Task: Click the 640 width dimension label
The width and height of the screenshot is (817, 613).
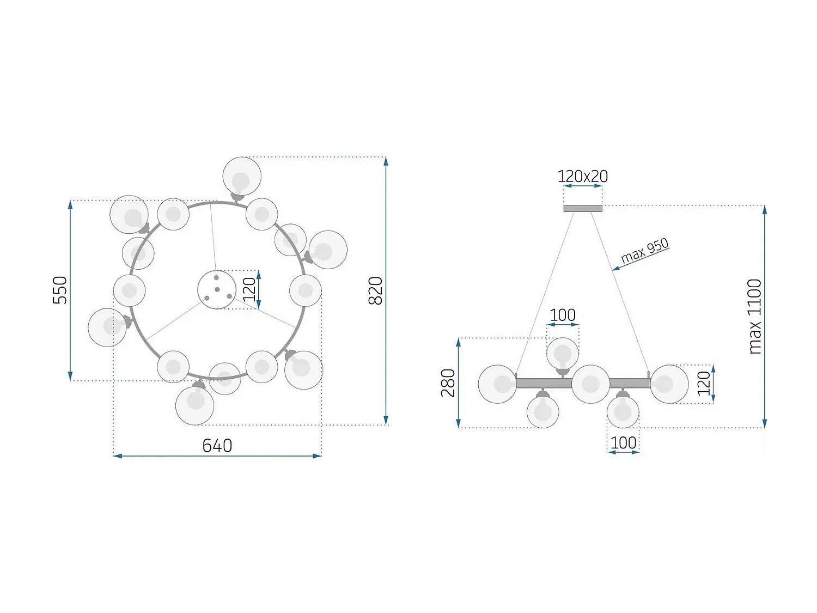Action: click(x=217, y=446)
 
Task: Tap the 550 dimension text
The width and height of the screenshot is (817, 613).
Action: click(x=60, y=290)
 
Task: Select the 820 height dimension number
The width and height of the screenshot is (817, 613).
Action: click(x=375, y=290)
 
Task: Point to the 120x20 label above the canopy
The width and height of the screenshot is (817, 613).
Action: click(x=582, y=177)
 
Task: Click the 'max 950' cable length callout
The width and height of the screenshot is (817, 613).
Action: click(x=644, y=251)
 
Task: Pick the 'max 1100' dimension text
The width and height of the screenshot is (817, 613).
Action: click(x=755, y=317)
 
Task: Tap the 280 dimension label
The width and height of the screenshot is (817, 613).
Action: click(x=448, y=383)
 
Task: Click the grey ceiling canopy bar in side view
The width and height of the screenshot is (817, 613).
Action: click(x=582, y=209)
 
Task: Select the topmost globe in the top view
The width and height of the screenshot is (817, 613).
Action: click(x=242, y=176)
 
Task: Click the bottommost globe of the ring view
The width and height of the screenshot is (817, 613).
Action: click(x=194, y=405)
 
